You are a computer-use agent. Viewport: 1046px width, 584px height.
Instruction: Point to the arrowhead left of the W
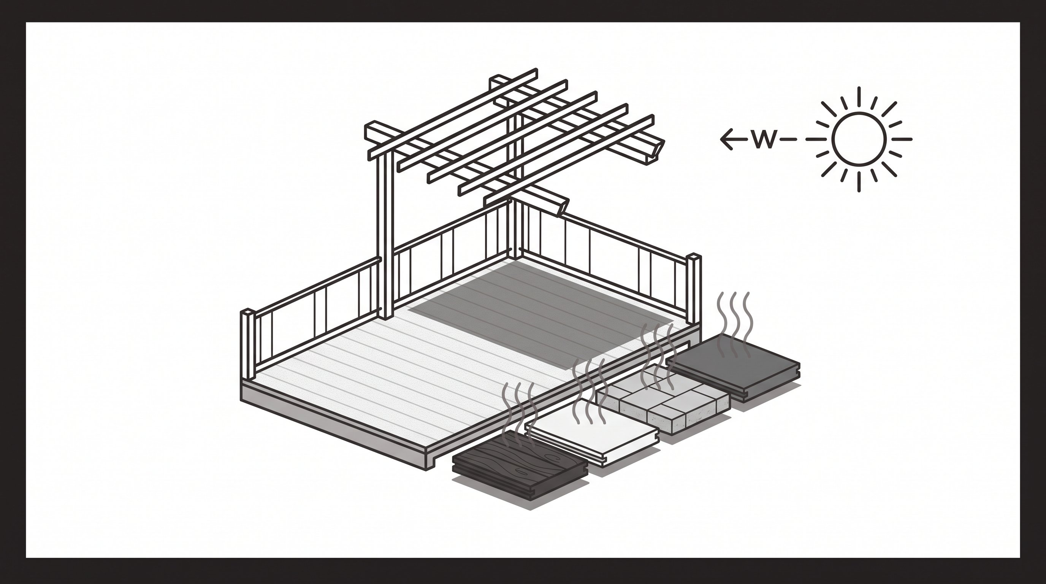click(727, 139)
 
